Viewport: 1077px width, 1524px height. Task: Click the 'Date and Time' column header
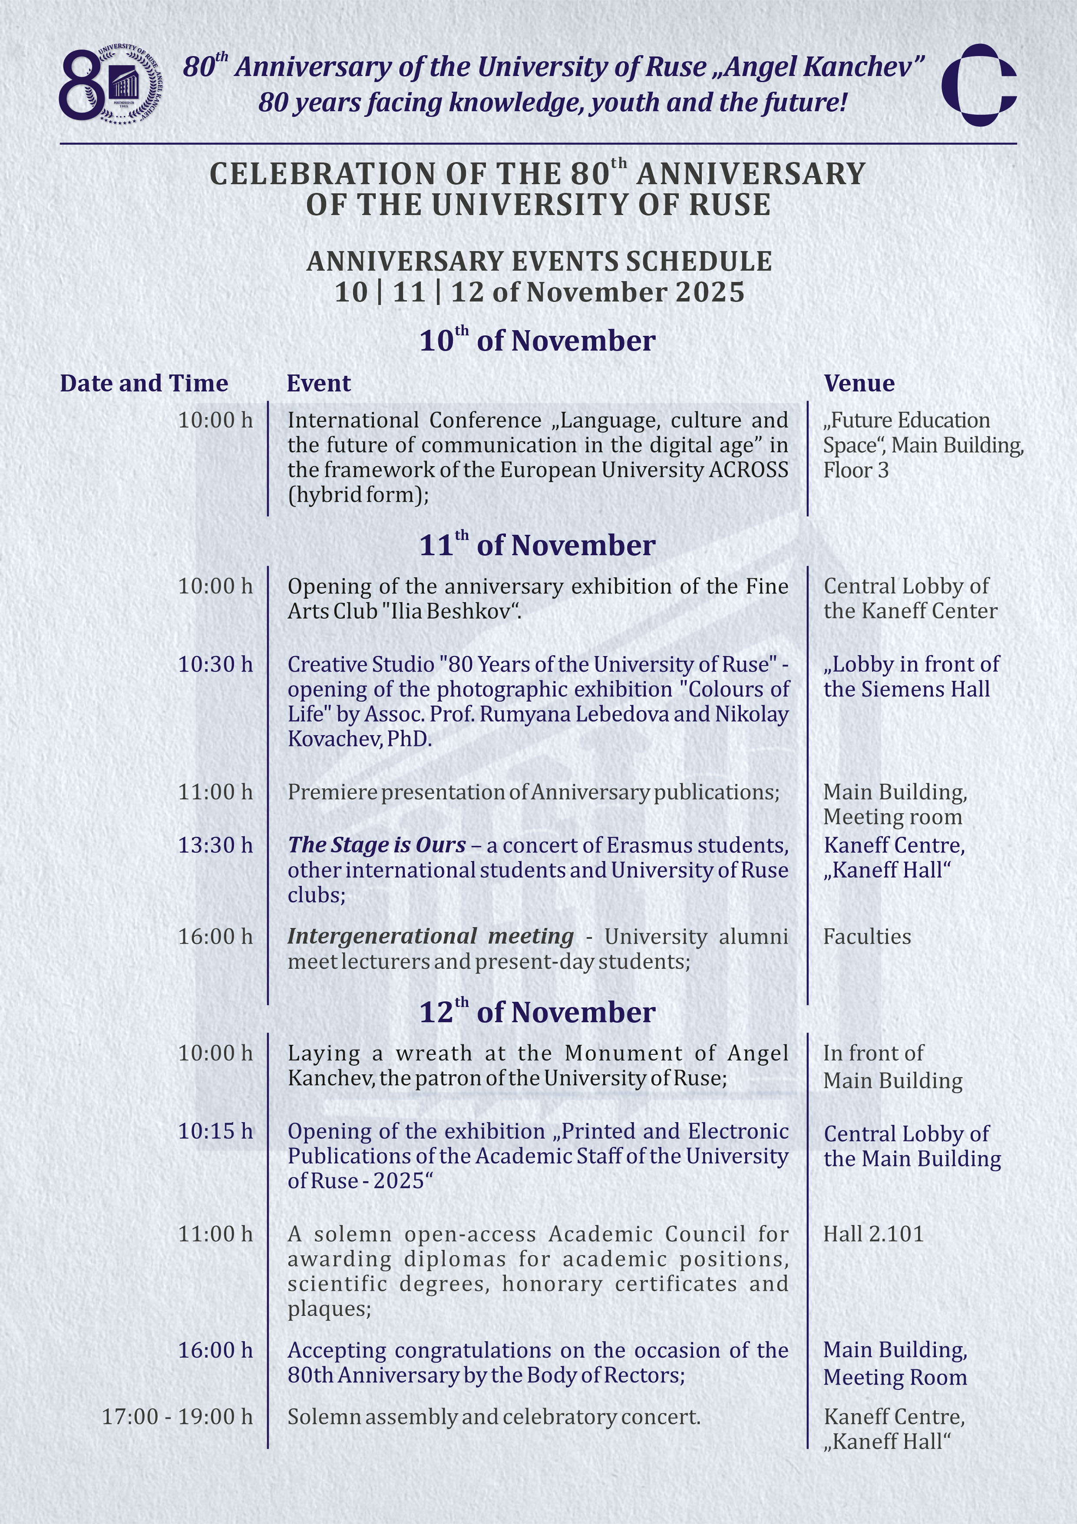144,384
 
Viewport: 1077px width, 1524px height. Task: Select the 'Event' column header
318,384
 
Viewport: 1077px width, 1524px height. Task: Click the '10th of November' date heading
538,341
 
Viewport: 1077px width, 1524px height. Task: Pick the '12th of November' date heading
538,1012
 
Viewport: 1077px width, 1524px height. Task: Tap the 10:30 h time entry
215,664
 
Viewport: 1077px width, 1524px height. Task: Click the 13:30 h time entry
215,845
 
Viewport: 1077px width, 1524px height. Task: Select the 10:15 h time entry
215,1131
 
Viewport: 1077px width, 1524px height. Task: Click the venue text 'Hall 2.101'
873,1234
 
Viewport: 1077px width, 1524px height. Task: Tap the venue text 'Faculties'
867,937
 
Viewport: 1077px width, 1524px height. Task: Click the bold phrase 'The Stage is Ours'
376,845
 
